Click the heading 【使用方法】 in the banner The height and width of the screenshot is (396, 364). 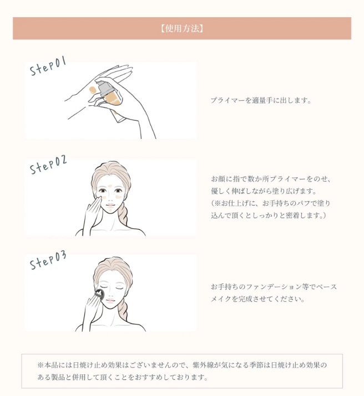182,28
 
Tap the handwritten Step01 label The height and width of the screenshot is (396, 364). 48,66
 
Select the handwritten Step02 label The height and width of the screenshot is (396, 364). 48,164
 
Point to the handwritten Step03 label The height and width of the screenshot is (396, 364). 48,260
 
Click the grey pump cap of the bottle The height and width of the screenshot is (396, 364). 103,88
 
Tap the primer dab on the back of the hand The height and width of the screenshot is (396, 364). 93,90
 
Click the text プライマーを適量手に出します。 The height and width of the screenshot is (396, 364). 261,100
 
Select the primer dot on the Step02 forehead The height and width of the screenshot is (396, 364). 110,186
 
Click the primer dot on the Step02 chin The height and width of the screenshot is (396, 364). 110,210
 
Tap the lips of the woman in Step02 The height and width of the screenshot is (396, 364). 110,204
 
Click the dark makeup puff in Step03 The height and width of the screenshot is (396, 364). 99,295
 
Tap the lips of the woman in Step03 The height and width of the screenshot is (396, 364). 110,301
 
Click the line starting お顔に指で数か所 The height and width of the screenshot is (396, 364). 271,179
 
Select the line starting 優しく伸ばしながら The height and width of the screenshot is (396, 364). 264,191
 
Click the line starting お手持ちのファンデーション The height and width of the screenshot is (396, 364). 274,287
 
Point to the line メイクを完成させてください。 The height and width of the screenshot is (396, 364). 257,299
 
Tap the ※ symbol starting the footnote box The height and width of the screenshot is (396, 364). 41,365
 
